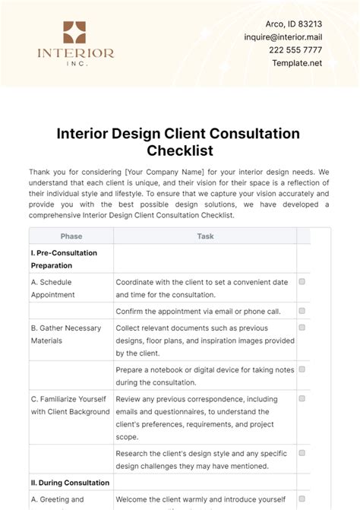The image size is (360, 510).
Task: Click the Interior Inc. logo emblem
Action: point(75,34)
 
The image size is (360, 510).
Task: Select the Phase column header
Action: point(71,236)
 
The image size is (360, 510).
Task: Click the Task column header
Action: point(205,236)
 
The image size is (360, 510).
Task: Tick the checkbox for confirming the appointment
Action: point(302,311)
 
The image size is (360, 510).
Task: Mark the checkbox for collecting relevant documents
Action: point(302,328)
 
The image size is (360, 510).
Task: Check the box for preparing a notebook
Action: point(302,369)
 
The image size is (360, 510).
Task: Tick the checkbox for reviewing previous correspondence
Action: point(302,398)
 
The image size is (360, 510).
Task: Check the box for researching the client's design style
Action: point(302,453)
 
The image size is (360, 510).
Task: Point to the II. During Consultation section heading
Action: point(70,483)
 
